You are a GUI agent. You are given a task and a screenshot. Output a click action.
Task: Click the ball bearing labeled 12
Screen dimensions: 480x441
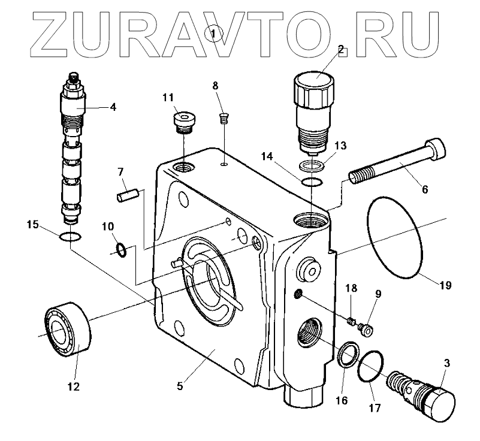click(67, 328)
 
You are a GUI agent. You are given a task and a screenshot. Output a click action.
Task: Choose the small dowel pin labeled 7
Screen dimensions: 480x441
click(128, 195)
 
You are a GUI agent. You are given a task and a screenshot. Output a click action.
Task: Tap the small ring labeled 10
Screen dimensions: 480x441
click(120, 248)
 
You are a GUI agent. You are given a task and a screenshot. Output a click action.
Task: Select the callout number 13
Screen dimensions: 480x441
click(340, 145)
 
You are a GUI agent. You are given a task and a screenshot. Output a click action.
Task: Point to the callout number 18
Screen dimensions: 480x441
click(351, 288)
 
